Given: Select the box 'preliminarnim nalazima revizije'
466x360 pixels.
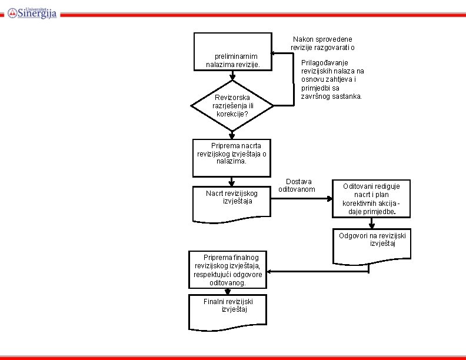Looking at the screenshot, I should point(233,52).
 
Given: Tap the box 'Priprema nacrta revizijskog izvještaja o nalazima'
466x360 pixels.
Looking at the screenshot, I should point(232,158).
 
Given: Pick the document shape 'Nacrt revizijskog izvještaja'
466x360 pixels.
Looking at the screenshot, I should point(232,202).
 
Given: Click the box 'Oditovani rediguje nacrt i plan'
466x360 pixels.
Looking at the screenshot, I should point(371,198).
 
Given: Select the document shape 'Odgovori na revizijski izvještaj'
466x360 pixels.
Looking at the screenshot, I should point(372,245).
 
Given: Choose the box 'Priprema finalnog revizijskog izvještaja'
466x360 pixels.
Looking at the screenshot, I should point(228,270).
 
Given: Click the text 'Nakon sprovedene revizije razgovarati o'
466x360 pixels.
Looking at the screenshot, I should point(322,43).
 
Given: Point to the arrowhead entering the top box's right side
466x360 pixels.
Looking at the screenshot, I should point(275,54).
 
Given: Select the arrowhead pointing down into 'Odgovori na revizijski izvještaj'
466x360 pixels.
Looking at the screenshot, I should point(371,225).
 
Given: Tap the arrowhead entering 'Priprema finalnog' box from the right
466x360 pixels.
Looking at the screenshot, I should point(269,272).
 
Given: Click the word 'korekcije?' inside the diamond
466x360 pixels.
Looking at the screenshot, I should point(232,114).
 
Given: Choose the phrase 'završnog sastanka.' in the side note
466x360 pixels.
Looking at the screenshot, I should point(331,96).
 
